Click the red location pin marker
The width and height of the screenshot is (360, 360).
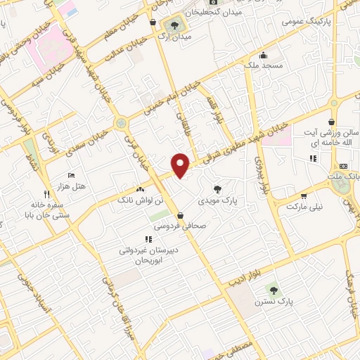tap(181, 165)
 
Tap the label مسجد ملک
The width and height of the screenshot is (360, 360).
tap(264, 65)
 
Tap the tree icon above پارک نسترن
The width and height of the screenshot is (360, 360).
tap(273, 289)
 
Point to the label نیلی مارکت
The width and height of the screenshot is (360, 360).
tap(307, 208)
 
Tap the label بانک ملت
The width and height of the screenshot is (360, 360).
tap(347, 172)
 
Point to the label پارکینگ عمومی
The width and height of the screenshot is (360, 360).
tap(307, 21)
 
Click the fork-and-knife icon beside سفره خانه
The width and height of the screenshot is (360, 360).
tap(46, 194)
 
